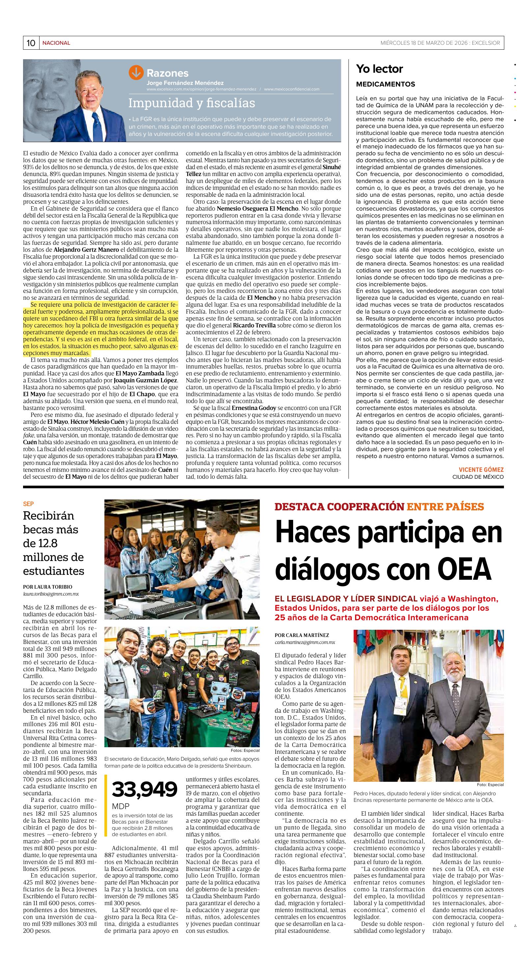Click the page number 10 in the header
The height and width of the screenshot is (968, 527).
tap(31, 43)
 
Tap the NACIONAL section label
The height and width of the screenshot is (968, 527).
tap(56, 43)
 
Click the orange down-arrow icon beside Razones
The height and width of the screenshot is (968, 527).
tap(136, 72)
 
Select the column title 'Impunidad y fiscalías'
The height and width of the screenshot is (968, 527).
tap(191, 103)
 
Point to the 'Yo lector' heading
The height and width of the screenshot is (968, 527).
tap(379, 69)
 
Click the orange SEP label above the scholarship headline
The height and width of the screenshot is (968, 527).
tap(28, 504)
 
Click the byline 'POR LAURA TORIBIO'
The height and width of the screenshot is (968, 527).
tap(47, 587)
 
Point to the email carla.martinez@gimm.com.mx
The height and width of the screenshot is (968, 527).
tap(305, 643)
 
